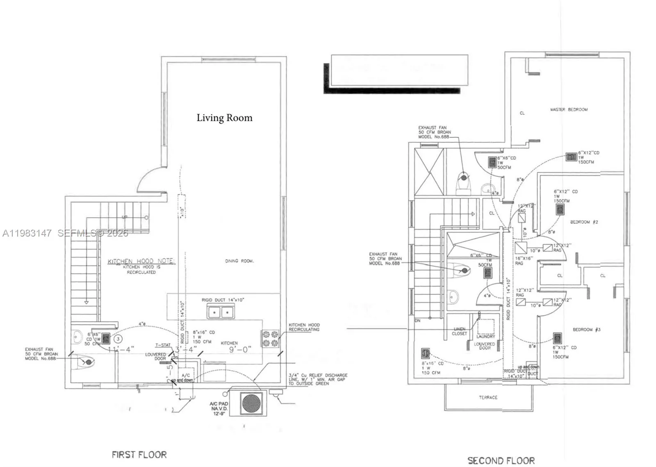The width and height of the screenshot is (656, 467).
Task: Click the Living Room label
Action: tap(224, 118)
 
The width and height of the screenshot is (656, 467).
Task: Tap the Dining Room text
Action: tap(239, 261)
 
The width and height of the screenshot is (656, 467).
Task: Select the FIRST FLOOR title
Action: tap(139, 454)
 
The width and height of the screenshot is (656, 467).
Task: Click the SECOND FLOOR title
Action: tap(501, 460)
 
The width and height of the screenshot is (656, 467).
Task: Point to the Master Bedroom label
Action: tap(569, 109)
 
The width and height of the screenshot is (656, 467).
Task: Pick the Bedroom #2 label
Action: tap(584, 222)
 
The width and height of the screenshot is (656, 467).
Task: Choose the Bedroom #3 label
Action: tap(586, 329)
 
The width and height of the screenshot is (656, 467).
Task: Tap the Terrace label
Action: tap(488, 397)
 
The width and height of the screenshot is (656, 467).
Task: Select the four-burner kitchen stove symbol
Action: tap(271, 339)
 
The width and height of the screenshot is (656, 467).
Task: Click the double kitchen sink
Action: tap(220, 313)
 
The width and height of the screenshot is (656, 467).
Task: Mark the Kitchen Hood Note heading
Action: tap(141, 261)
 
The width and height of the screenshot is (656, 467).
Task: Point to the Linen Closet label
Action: tap(460, 331)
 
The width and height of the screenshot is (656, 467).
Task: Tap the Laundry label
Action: tap(486, 336)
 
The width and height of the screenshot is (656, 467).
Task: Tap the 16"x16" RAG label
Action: tap(524, 261)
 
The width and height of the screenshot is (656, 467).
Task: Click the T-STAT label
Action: tap(163, 345)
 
